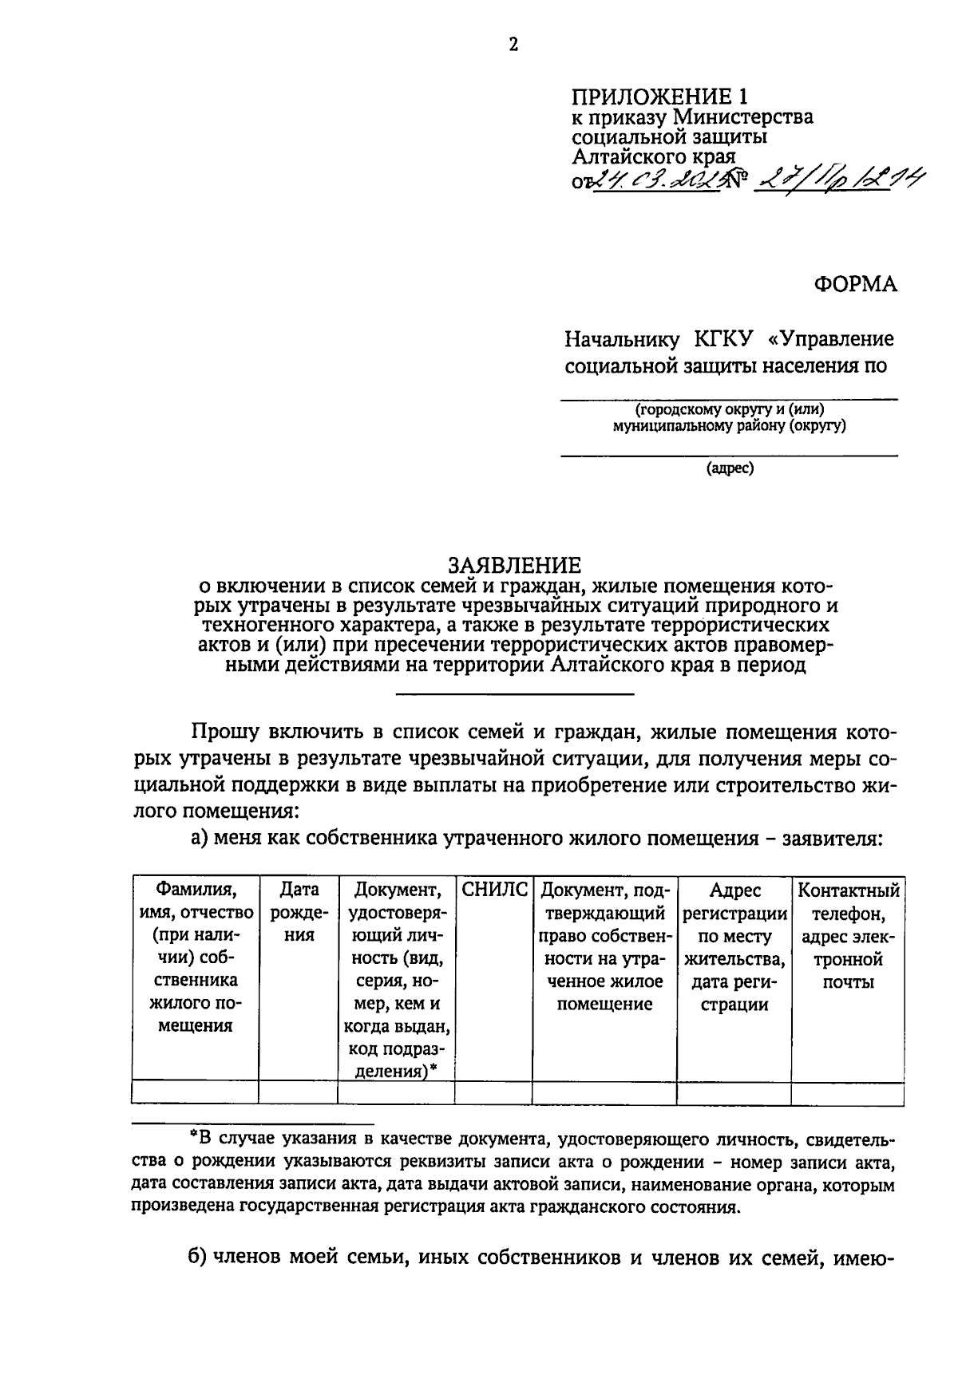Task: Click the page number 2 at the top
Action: click(x=514, y=45)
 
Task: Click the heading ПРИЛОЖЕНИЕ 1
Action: click(x=660, y=97)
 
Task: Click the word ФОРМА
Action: click(x=855, y=284)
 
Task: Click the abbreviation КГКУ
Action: click(x=723, y=339)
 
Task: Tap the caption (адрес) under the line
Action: click(x=730, y=468)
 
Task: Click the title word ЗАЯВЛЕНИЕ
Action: click(x=514, y=566)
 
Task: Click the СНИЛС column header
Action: click(x=493, y=890)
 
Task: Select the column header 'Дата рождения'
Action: click(x=299, y=912)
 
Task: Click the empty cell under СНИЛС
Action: click(x=493, y=1092)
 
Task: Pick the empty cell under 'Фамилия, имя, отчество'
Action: click(x=195, y=1092)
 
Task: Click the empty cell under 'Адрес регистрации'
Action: click(x=734, y=1092)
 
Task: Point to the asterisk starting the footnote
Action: click(x=192, y=1141)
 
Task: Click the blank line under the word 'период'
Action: click(x=514, y=693)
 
